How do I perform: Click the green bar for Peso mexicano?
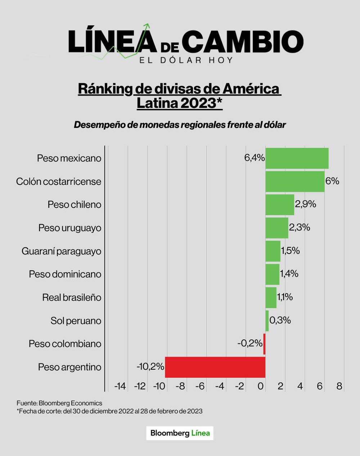coord(297,158)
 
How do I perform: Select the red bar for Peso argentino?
coord(215,367)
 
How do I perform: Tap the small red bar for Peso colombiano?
coord(264,344)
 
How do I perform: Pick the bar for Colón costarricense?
coord(295,181)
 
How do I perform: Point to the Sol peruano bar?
coord(267,320)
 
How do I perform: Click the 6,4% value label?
coord(255,158)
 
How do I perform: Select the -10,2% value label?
coord(150,366)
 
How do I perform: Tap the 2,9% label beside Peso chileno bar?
coord(305,204)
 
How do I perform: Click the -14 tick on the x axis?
coord(120,386)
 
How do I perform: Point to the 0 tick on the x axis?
coord(261,386)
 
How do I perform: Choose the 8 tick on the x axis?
coord(339,386)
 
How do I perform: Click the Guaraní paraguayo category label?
coord(61,251)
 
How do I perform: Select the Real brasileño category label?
coord(72,297)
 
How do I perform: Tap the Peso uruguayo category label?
coord(70,228)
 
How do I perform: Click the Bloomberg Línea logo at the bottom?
coord(180,433)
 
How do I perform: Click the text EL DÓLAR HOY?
coord(186,60)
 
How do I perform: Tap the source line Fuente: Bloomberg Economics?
coord(59,403)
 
